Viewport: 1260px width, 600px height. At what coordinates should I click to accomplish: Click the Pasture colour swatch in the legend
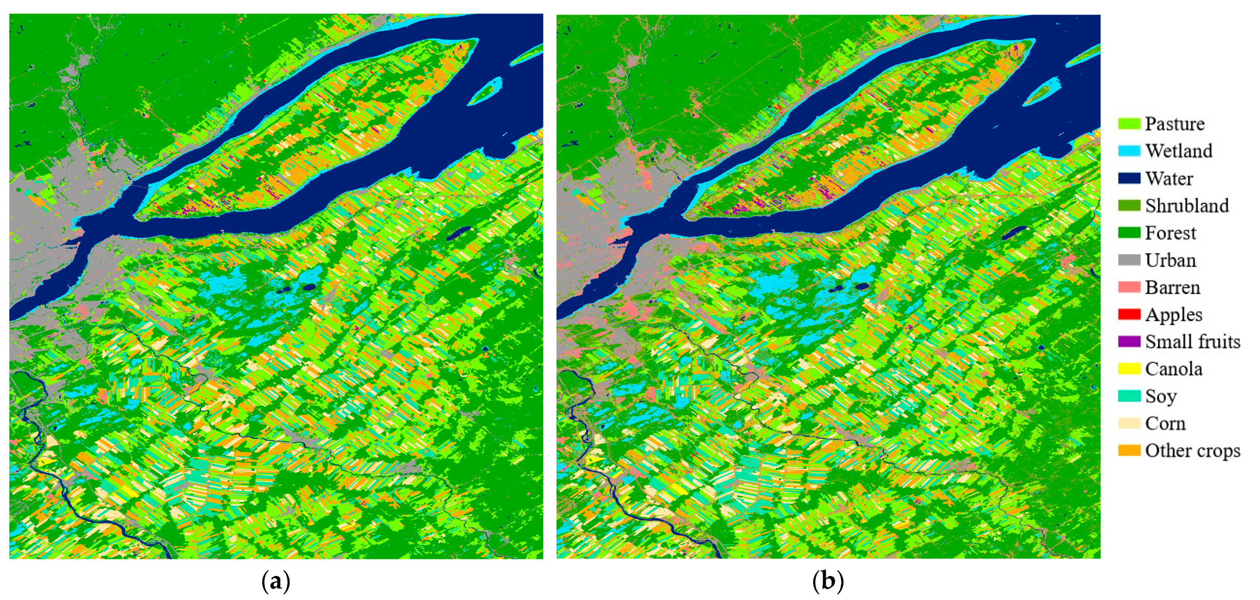coord(1129,124)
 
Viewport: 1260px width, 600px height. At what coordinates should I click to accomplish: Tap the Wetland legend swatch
coord(1129,151)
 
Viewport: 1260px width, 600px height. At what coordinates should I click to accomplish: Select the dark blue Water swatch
coord(1129,178)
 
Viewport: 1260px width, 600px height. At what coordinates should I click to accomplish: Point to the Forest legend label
coord(1170,233)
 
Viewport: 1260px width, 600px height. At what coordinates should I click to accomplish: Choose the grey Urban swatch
coord(1129,260)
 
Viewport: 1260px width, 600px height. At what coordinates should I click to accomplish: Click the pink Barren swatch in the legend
coord(1129,287)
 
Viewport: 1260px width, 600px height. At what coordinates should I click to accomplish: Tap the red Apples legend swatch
coord(1129,314)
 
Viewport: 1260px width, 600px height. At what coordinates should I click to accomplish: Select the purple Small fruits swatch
coord(1129,341)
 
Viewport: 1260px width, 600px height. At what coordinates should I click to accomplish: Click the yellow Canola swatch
coord(1129,369)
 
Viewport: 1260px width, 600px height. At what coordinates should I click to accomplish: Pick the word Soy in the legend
coord(1161,396)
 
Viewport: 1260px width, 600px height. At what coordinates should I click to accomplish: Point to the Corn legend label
coord(1165,423)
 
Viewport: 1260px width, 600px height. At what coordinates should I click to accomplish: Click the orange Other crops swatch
coord(1129,450)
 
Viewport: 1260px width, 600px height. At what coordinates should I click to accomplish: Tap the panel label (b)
coord(828,581)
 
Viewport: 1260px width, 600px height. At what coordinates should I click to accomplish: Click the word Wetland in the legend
coord(1178,151)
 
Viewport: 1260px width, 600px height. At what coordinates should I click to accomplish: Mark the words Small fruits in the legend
coord(1192,341)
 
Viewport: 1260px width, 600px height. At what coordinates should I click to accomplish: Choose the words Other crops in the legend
coord(1192,450)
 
